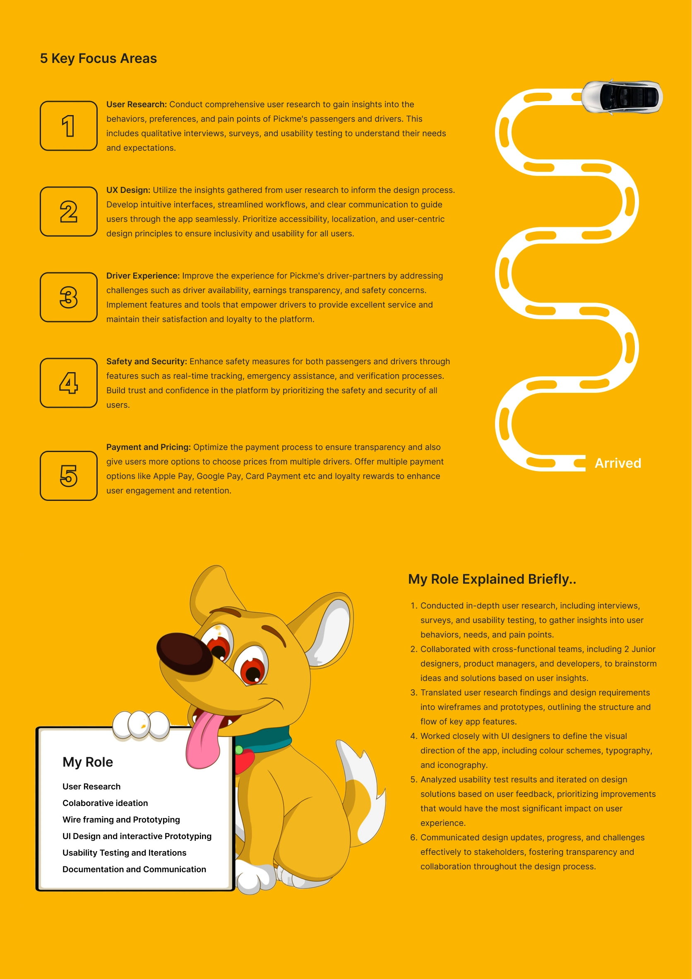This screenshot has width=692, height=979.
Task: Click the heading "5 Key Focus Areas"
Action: click(99, 58)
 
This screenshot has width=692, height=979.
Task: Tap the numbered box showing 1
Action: click(69, 126)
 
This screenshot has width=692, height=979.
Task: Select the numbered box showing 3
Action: click(69, 297)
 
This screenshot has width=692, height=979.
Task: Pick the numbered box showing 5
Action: click(69, 476)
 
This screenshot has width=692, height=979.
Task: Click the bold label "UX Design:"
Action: click(128, 190)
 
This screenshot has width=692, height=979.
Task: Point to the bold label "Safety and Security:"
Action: click(146, 361)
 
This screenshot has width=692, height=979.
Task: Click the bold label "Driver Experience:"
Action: click(143, 276)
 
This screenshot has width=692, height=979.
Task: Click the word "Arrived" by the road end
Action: click(618, 463)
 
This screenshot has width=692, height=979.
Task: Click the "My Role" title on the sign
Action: click(88, 762)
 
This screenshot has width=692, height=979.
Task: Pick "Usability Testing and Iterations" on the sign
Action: click(125, 853)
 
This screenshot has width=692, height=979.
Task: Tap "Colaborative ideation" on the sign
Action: click(105, 803)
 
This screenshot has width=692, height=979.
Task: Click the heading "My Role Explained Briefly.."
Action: click(492, 579)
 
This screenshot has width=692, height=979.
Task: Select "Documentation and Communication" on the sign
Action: click(135, 869)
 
